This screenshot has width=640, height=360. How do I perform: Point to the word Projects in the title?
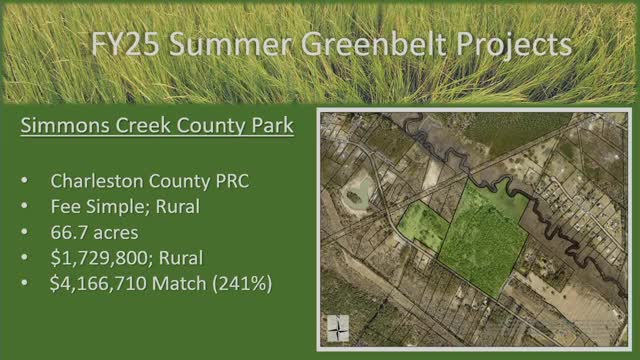pos(521,45)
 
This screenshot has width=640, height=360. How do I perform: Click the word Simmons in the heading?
pos(67,128)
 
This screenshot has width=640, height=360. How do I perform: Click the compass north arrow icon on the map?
pos(340,327)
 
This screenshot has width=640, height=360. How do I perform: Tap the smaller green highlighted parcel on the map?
pos(424,227)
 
